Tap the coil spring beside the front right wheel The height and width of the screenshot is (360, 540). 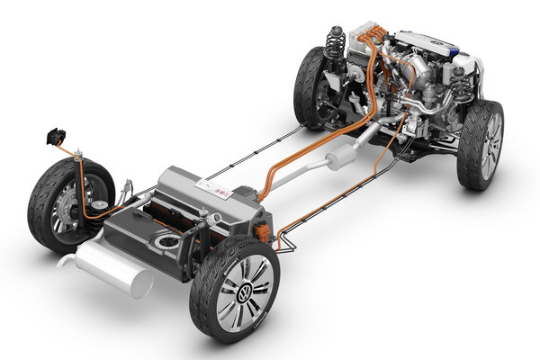(x=461, y=84)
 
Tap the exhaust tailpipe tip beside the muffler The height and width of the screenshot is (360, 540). (x=65, y=260)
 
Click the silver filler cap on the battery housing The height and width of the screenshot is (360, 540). (x=204, y=215)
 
